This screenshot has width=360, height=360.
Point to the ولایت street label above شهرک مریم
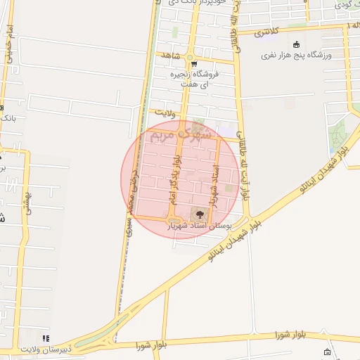(163, 111)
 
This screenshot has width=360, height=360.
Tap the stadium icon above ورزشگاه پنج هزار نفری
(296, 44)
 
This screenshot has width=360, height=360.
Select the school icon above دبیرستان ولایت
(46, 338)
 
